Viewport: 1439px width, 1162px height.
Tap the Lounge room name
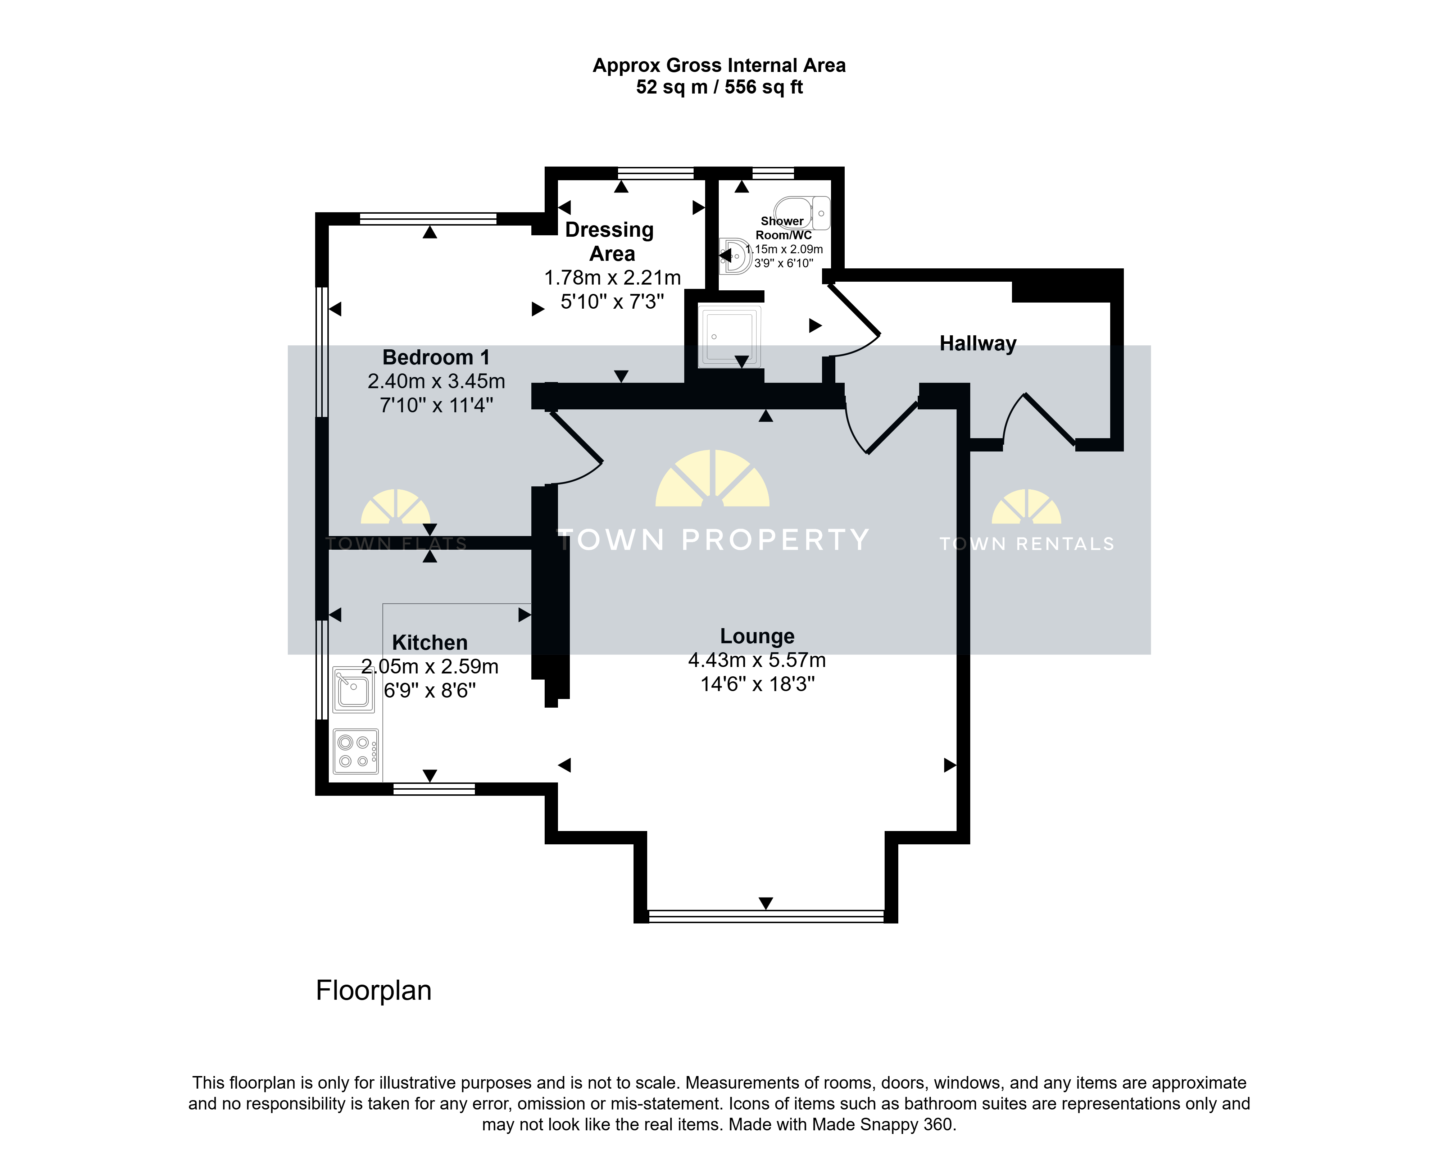tap(757, 636)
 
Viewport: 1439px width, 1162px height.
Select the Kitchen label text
tap(430, 643)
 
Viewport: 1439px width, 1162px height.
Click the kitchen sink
tap(353, 689)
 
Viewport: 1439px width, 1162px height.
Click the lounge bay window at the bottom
tap(766, 916)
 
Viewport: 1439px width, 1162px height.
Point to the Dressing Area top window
tap(656, 173)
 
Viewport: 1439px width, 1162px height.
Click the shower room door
tap(853, 320)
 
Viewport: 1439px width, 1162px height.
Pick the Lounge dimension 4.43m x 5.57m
tap(757, 661)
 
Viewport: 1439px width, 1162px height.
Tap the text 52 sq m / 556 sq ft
tap(719, 87)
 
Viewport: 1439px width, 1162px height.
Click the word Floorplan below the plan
tap(373, 991)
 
